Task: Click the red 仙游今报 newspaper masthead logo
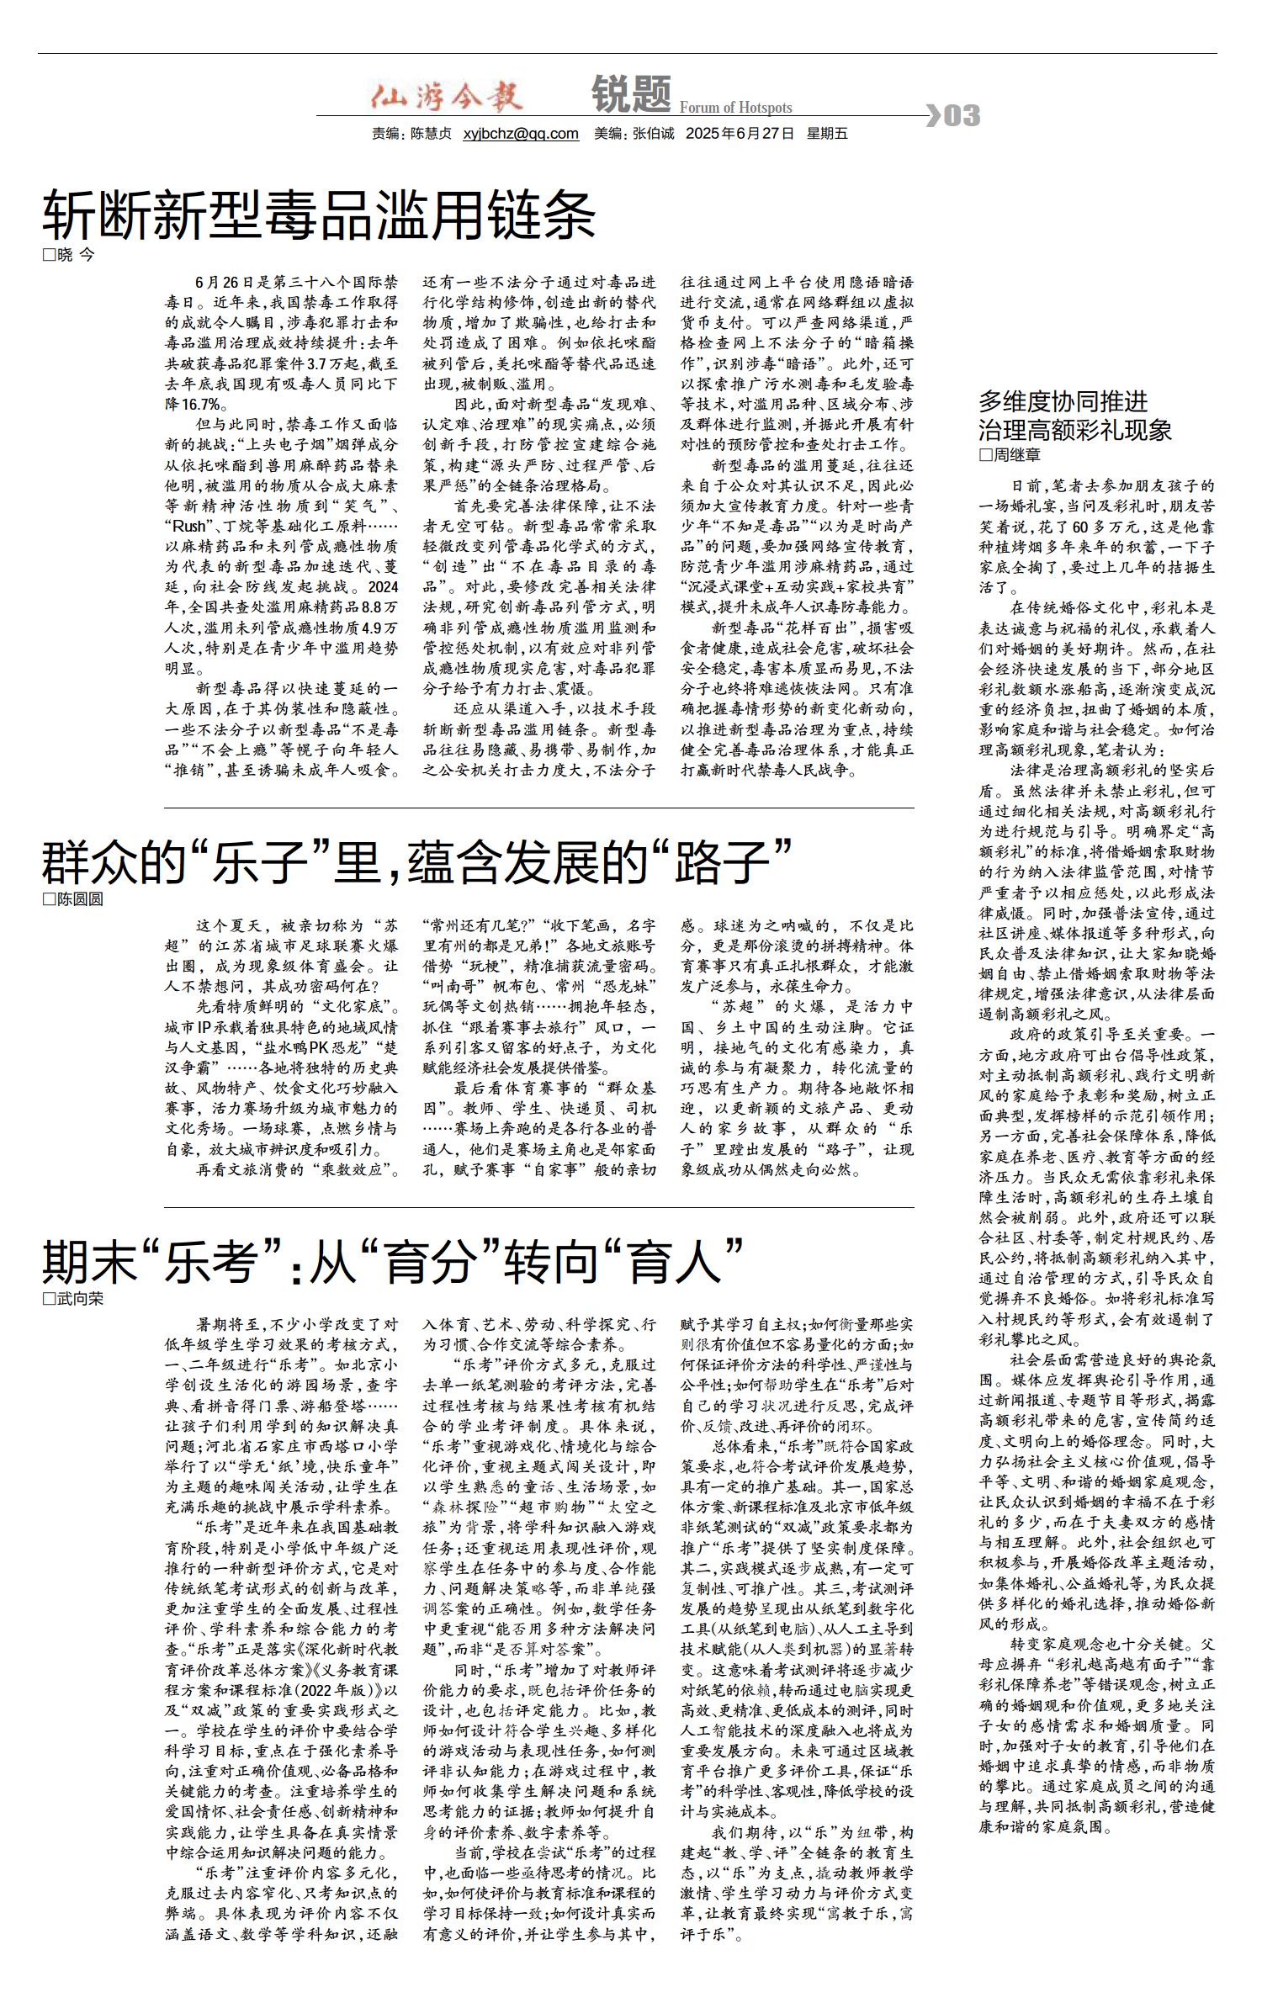click(447, 97)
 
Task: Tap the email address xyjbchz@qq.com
click(521, 134)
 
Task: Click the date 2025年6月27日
click(740, 134)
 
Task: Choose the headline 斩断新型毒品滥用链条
click(319, 215)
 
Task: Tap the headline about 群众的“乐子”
click(417, 859)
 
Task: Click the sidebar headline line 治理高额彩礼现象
click(1074, 431)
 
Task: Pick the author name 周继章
click(1017, 455)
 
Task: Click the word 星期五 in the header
click(827, 134)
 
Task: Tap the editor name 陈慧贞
click(431, 134)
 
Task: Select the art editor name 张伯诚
click(654, 134)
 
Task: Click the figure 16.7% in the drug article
click(199, 405)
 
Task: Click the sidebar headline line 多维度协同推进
click(1063, 401)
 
